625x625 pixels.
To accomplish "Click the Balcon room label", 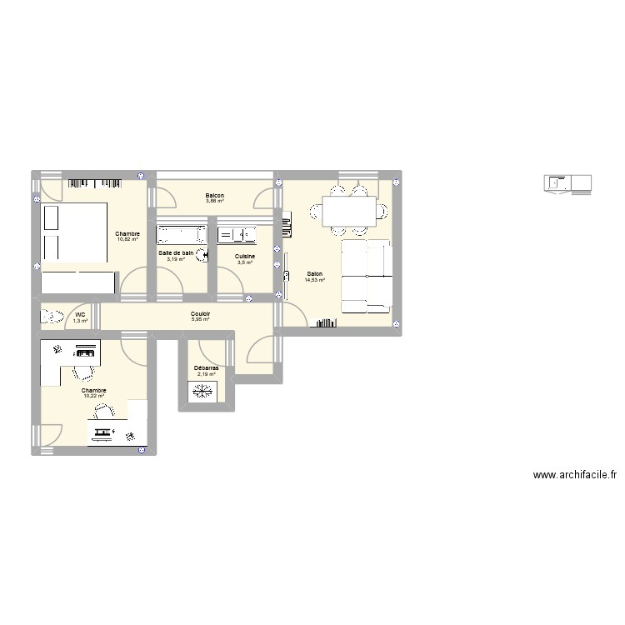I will (215, 196).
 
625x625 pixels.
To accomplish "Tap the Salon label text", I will (315, 273).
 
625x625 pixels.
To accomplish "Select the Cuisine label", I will (245, 257).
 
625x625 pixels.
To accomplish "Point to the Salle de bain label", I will (176, 252).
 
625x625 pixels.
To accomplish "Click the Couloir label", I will (200, 312).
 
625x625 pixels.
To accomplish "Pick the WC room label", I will (80, 314).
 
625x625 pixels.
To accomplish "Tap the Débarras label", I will (206, 367).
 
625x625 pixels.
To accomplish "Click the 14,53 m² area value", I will (315, 280).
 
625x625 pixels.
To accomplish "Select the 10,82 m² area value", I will (127, 240).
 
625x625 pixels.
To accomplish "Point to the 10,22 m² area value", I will (93, 396).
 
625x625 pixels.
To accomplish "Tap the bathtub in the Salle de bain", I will (181, 233).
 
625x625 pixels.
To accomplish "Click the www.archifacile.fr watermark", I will (575, 475).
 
